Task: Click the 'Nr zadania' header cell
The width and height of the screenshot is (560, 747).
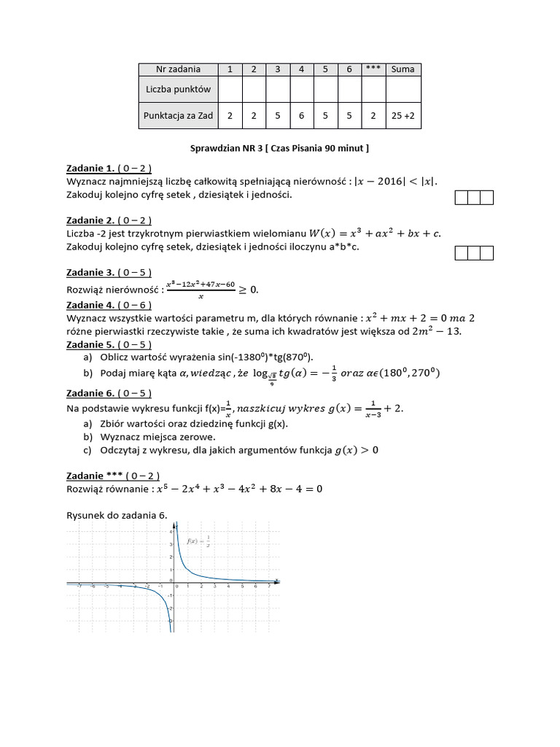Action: pos(178,69)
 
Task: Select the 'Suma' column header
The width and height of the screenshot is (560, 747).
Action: pos(402,69)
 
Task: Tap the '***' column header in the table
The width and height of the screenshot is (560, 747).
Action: pos(373,69)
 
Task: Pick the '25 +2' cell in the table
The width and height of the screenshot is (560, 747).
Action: pos(402,115)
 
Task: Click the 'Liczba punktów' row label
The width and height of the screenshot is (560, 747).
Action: pos(178,89)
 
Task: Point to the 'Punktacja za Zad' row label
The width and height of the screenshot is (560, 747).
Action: pos(178,115)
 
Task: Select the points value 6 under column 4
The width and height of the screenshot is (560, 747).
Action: pos(301,115)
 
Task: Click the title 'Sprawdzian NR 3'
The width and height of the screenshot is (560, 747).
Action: pos(225,148)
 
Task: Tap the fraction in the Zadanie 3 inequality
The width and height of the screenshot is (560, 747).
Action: pos(201,289)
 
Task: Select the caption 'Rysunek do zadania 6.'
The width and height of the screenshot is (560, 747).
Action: pos(117,515)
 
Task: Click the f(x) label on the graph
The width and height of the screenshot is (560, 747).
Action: pos(198,542)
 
